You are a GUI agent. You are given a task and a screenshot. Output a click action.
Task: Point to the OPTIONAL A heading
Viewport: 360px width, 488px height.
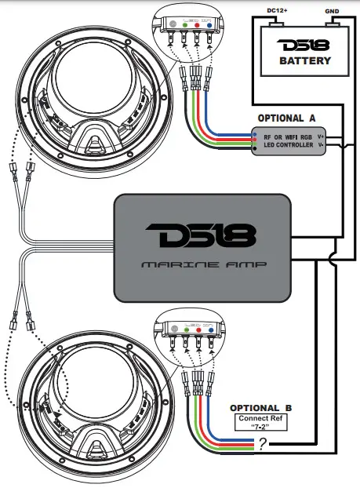pos(285,117)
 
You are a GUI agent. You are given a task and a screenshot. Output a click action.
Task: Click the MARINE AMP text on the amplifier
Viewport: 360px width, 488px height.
pos(202,264)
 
